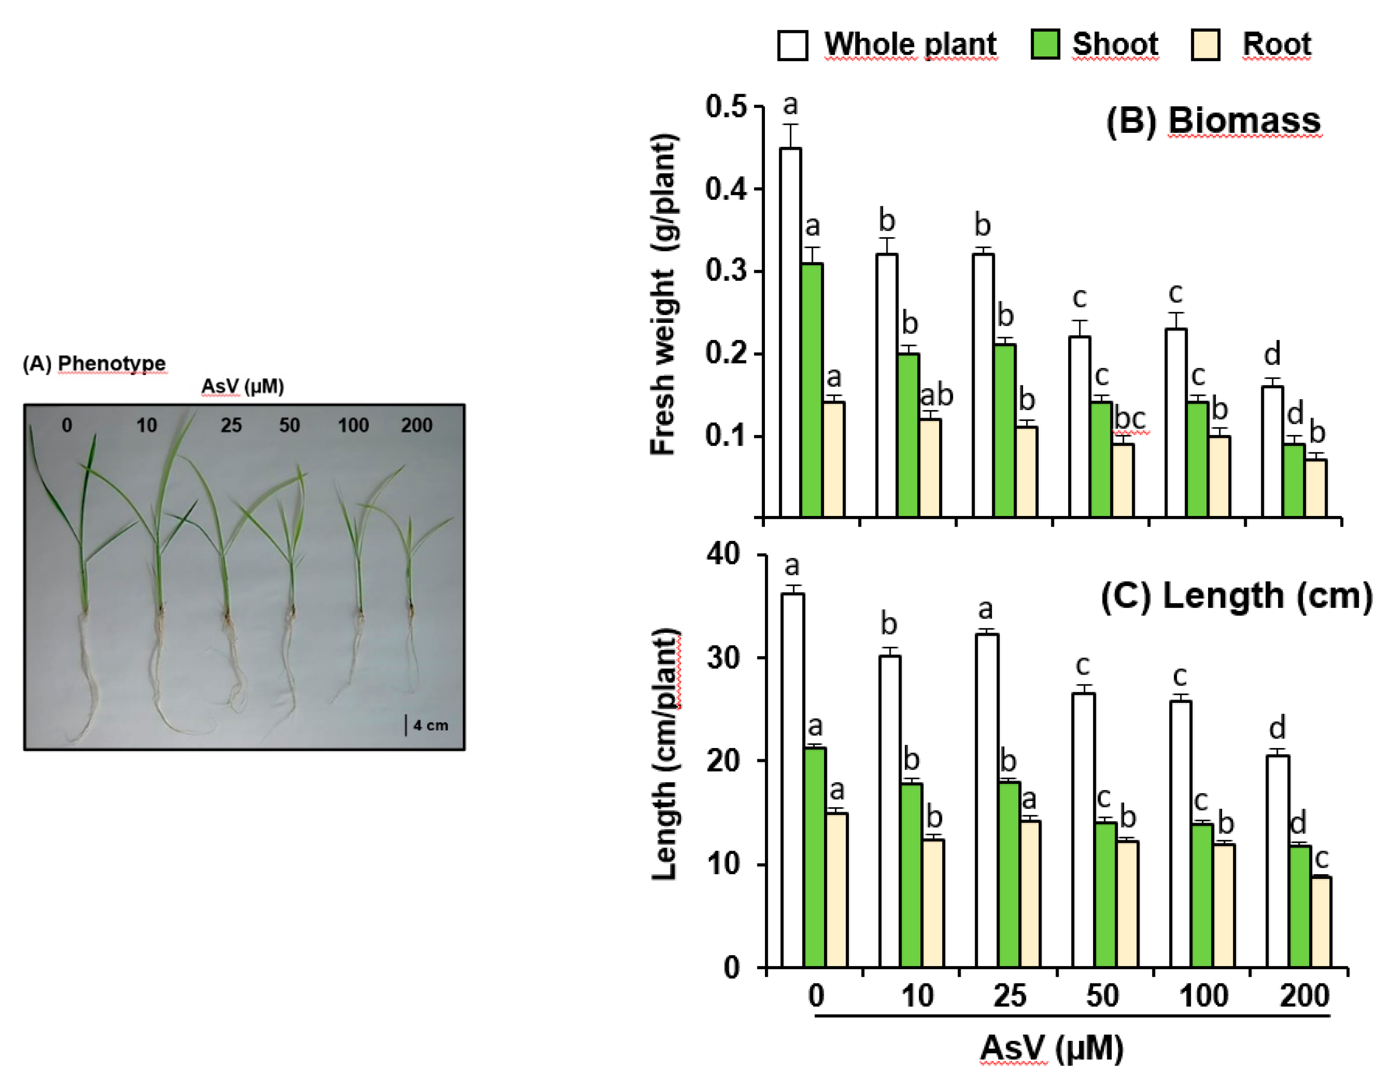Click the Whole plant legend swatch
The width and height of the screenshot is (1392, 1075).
792,45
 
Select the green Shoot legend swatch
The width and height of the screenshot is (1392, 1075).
1045,45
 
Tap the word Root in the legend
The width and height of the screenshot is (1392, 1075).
1276,45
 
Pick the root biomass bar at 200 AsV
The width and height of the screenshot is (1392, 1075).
1316,488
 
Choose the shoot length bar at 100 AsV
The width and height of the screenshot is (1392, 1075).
1201,896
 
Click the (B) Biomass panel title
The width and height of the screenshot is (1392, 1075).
1213,121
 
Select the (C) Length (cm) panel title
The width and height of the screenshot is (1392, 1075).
1236,596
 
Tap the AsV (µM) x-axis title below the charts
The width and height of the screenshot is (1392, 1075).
1052,1048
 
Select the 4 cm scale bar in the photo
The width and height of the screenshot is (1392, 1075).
406,725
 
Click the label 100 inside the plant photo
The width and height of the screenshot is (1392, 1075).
353,425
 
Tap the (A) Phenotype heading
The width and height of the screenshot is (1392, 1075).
94,363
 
